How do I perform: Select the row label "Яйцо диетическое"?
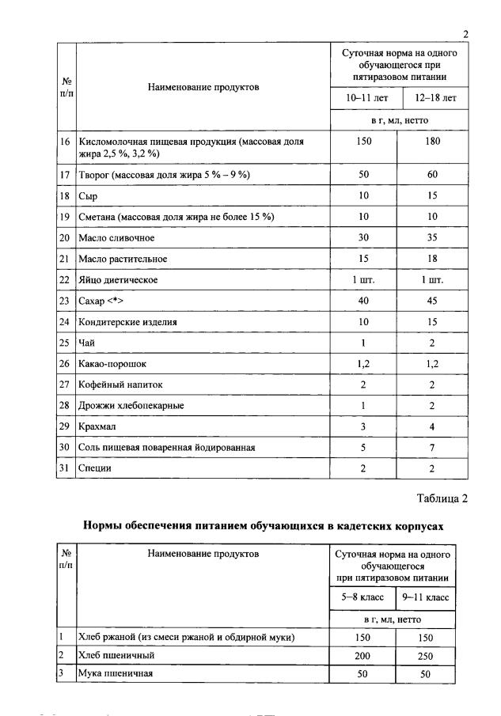pos(118,280)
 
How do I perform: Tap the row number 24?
pos(65,322)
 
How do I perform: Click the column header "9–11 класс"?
pos(426,597)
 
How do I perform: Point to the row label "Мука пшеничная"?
pos(115,674)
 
